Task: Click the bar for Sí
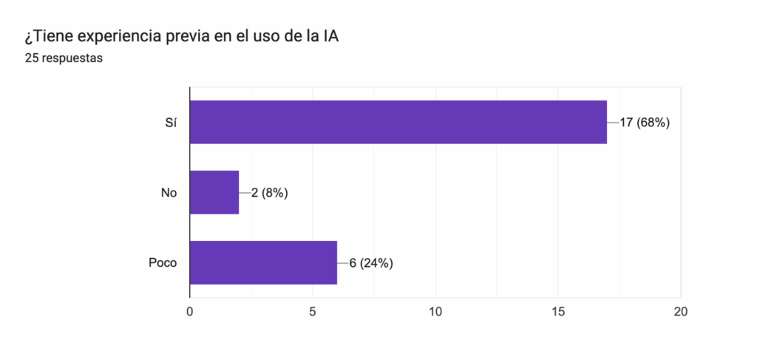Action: coord(398,122)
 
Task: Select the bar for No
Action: coord(214,193)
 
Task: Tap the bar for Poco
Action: coord(263,262)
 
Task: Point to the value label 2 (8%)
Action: coord(269,193)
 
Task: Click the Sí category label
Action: coord(171,123)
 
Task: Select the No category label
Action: coord(169,193)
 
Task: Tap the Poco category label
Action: coord(163,262)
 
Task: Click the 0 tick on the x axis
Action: coord(190,312)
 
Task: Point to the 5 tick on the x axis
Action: coord(313,312)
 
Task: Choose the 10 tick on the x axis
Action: coord(435,312)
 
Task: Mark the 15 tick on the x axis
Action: coord(558,312)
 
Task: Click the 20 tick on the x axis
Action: coord(681,312)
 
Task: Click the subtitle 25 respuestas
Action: coord(63,58)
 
